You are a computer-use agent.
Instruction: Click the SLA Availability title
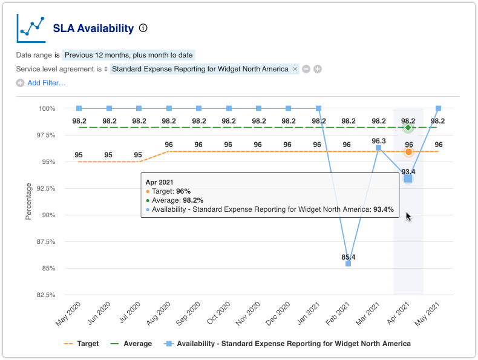[93, 28]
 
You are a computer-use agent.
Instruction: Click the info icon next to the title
[143, 28]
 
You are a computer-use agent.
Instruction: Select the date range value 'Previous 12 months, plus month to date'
[128, 55]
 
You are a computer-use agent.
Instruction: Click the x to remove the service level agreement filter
[295, 69]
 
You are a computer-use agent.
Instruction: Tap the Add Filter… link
[46, 83]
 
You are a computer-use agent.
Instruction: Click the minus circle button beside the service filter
[306, 69]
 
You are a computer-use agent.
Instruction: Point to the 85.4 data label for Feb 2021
[349, 257]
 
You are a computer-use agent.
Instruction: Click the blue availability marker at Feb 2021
[349, 264]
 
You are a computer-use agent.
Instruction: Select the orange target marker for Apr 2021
[408, 151]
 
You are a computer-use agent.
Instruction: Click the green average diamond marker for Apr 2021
[408, 128]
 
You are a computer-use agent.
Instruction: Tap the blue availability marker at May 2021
[438, 108]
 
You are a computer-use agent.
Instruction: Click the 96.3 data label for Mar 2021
[379, 141]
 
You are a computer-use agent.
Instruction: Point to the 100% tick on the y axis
[47, 109]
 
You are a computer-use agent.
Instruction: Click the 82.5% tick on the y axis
[45, 295]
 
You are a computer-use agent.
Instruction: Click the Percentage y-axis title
[28, 202]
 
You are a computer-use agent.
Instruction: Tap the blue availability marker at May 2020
[79, 108]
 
